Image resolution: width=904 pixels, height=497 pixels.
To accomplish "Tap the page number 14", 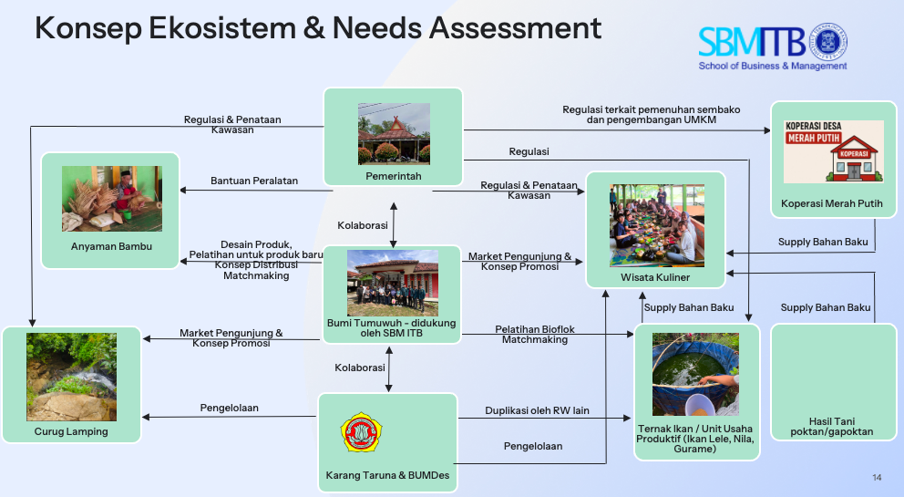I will click(877, 478).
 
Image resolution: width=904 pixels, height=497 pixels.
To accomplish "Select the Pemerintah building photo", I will click(394, 133).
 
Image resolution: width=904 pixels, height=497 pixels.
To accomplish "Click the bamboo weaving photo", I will click(111, 199).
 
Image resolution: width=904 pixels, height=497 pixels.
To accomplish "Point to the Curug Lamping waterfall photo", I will click(72, 376).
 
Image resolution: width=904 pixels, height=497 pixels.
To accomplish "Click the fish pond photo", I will click(696, 374).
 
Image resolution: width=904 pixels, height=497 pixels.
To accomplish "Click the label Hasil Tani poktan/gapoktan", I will click(832, 426).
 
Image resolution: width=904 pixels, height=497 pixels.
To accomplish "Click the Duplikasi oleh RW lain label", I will click(537, 410).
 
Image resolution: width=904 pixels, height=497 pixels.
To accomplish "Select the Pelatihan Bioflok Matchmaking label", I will click(535, 334).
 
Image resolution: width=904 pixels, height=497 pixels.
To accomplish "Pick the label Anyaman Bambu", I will click(111, 247).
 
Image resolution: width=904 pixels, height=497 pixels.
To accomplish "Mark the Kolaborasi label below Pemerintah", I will click(363, 224).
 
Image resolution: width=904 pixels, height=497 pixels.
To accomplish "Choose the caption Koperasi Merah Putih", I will click(832, 203).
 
